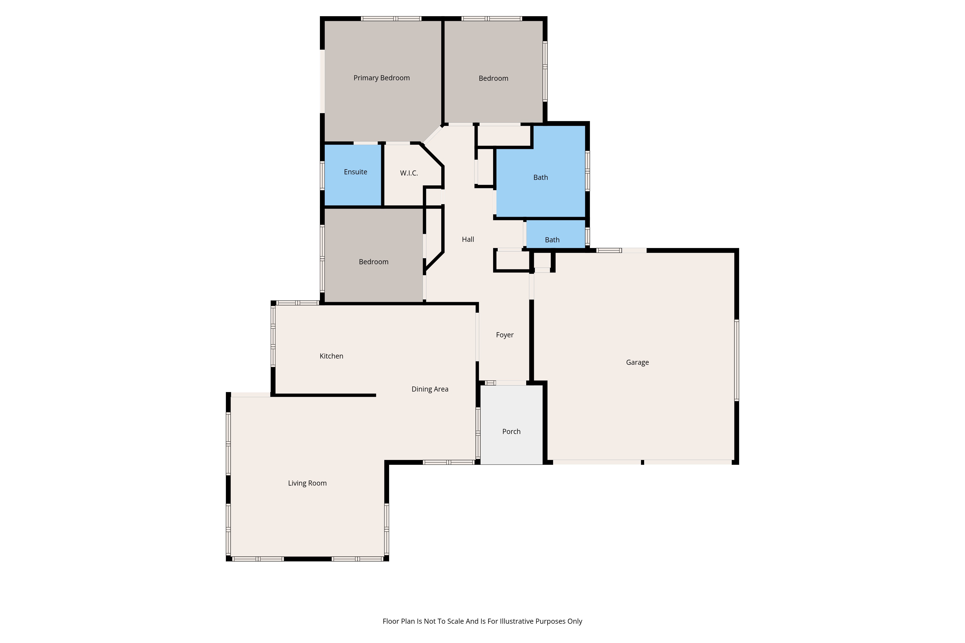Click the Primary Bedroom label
pyautogui.click(x=382, y=78)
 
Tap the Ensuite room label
pyautogui.click(x=355, y=172)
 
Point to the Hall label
pyautogui.click(x=468, y=239)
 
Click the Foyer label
pyautogui.click(x=505, y=335)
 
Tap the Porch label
pyautogui.click(x=511, y=431)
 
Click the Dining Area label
pyautogui.click(x=430, y=389)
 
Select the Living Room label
pyautogui.click(x=307, y=483)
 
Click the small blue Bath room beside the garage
pyautogui.click(x=556, y=234)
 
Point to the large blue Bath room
pyautogui.click(x=541, y=183)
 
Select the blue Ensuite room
pyautogui.click(x=353, y=175)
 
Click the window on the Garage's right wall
pyautogui.click(x=737, y=360)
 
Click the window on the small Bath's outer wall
pyautogui.click(x=587, y=236)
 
